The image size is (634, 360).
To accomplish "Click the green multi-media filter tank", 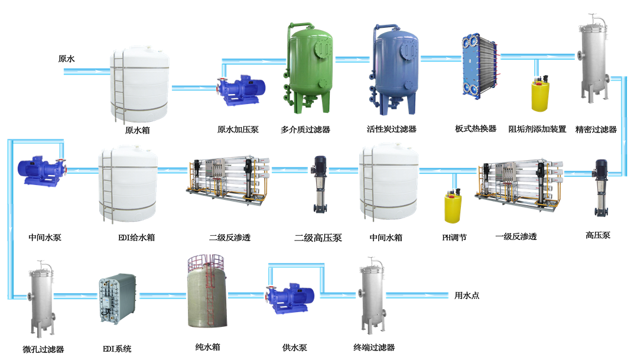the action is click(310, 69).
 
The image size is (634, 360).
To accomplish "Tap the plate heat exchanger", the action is click(479, 66).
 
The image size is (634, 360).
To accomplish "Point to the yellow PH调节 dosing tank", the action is click(453, 206).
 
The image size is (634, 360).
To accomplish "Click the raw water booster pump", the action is click(241, 90).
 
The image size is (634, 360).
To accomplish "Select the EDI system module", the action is click(118, 299).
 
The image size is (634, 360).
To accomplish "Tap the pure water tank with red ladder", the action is click(207, 291).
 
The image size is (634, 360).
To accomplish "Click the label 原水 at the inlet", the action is click(66, 59).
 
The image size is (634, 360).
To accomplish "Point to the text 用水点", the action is click(467, 296).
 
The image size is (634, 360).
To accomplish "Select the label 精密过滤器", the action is click(596, 129).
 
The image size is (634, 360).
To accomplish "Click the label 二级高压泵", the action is click(318, 238).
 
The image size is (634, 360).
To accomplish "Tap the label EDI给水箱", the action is click(136, 238).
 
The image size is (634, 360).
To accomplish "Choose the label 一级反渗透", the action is click(516, 236).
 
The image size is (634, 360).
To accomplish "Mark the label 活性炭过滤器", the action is click(391, 129).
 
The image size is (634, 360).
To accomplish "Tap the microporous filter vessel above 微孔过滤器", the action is click(41, 299).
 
